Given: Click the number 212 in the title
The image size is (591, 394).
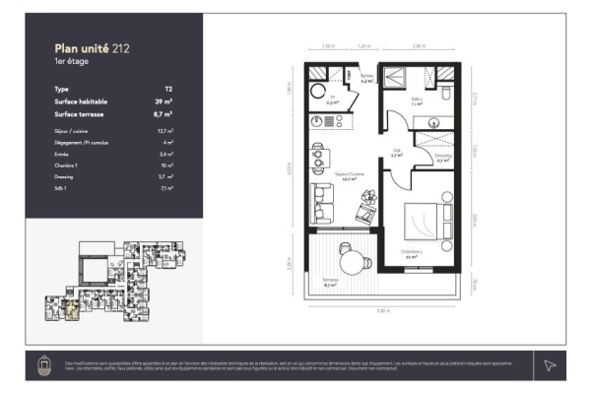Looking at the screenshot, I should [120, 46].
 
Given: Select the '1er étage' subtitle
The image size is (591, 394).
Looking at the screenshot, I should [70, 61].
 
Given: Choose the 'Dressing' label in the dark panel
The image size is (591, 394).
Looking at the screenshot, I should [64, 176].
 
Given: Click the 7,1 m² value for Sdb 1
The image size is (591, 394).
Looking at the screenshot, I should [166, 187].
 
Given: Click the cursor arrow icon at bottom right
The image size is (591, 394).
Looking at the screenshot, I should [550, 365].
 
